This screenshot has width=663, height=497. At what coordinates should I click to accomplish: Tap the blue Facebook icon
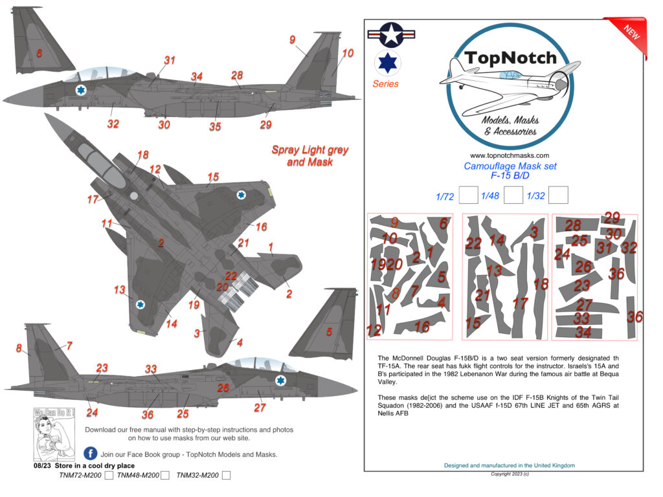[x=91, y=454]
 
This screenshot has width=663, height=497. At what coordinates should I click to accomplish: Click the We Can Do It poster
[x=54, y=433]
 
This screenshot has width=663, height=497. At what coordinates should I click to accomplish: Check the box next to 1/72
[x=467, y=195]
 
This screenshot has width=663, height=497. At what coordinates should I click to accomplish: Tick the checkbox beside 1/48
[x=513, y=195]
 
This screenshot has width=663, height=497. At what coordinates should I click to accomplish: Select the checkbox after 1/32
[x=558, y=195]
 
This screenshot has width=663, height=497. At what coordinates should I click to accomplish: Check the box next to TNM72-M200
[x=109, y=476]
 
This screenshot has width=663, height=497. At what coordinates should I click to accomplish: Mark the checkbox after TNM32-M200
[x=226, y=476]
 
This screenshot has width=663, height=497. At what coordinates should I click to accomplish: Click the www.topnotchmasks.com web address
[x=510, y=155]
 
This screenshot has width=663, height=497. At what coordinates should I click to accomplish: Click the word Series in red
[x=385, y=84]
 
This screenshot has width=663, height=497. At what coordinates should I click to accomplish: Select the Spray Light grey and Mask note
[x=309, y=156]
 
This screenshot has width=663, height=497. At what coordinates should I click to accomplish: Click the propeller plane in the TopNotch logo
[x=509, y=80]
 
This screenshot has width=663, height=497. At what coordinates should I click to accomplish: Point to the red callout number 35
[x=215, y=127]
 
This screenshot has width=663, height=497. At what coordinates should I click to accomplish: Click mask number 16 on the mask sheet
[x=421, y=327]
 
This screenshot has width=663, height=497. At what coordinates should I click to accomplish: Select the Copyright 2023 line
[x=510, y=474]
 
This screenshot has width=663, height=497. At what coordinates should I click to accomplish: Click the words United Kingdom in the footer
[x=551, y=465]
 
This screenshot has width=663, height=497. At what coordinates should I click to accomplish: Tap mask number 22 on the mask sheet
[x=473, y=243]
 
